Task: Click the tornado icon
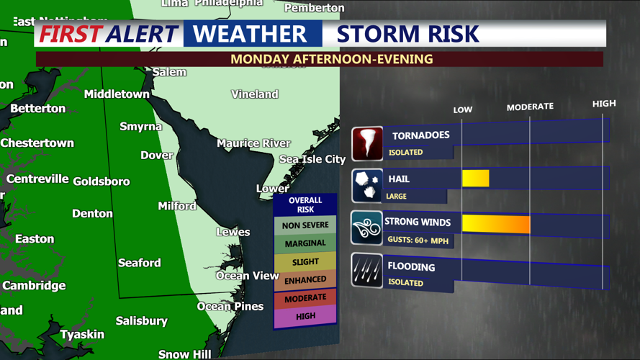click(x=367, y=143)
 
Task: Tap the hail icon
click(x=367, y=186)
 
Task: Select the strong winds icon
click(x=367, y=228)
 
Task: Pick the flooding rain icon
click(x=367, y=271)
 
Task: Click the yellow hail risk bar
click(x=475, y=178)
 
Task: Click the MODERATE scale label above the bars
click(x=530, y=107)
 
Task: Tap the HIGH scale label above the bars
click(x=604, y=104)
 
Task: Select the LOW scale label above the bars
click(x=463, y=109)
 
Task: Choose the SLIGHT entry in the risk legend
click(x=305, y=262)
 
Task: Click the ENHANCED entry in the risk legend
click(x=305, y=280)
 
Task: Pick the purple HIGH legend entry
click(x=305, y=316)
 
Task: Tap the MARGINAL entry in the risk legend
click(x=305, y=243)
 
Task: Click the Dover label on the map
click(x=156, y=155)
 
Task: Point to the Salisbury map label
click(x=142, y=320)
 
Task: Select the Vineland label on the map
click(x=255, y=94)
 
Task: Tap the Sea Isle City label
click(x=312, y=159)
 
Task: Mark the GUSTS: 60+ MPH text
click(x=418, y=240)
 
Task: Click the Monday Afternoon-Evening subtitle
click(x=331, y=59)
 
